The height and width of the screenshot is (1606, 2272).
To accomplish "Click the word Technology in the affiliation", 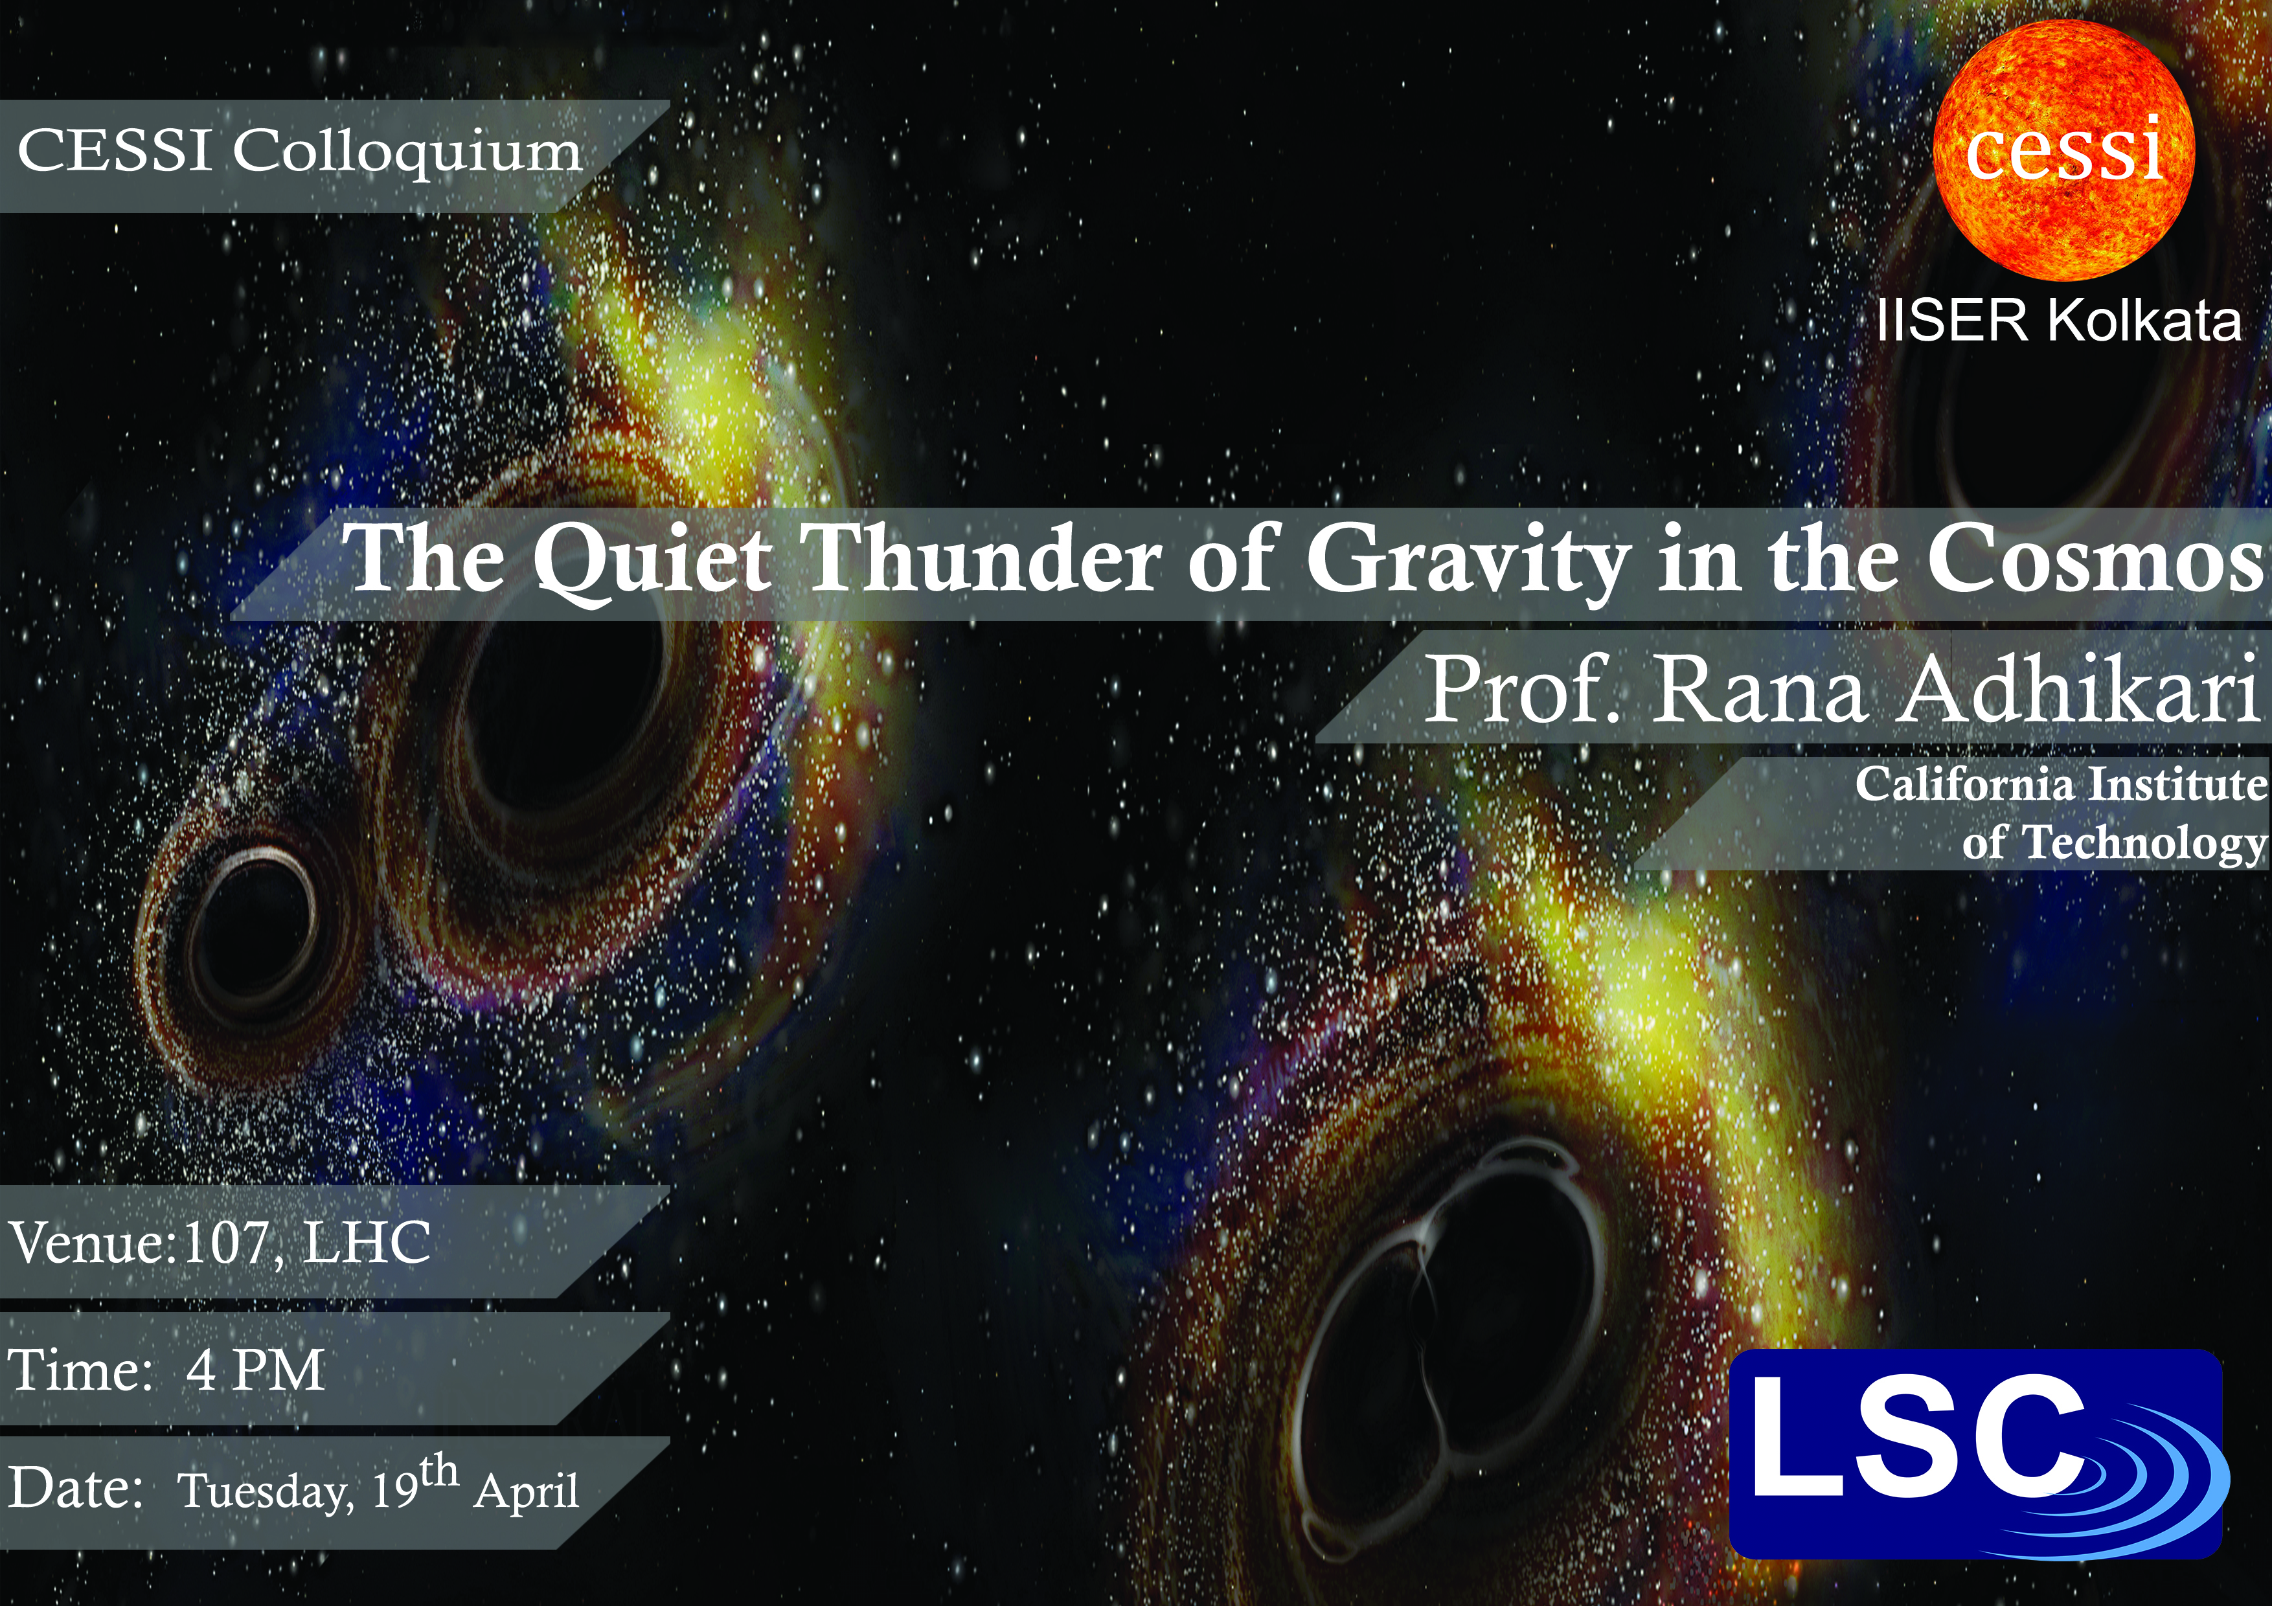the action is point(2143,844).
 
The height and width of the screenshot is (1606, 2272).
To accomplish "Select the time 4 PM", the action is point(255,1370).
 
